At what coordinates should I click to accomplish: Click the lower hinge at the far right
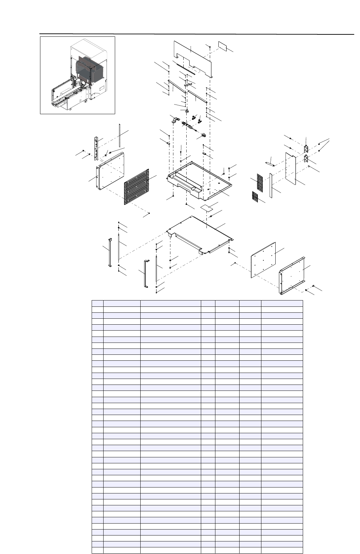[306, 159]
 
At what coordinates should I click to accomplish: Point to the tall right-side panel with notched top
[291, 169]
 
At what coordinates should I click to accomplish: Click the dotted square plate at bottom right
[263, 260]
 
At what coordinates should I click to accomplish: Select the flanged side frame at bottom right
[292, 276]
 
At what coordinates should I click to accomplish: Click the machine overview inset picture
[77, 75]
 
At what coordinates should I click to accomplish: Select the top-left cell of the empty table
[98, 303]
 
